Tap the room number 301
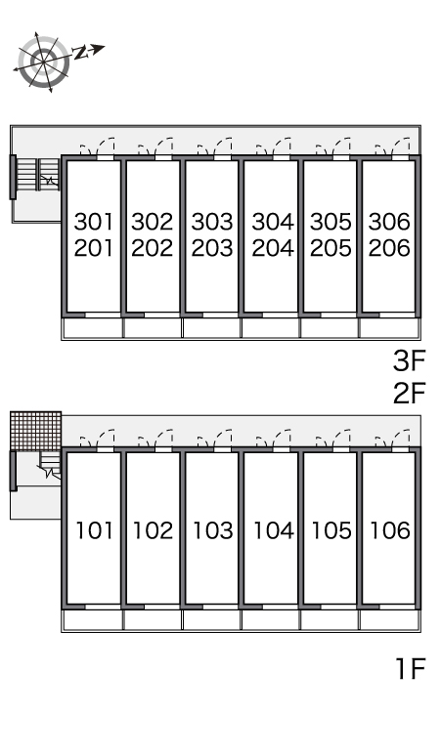click(94, 222)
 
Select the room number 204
click(273, 248)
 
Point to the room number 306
click(389, 222)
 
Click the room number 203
click(212, 248)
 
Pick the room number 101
click(95, 530)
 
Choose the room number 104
click(274, 530)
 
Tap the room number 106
click(390, 530)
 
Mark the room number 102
click(153, 530)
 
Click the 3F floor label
click(409, 361)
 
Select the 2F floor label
click(409, 393)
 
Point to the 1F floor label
click(410, 669)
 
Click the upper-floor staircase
click(37, 174)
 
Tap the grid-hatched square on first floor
click(36, 431)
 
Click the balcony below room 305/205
click(330, 328)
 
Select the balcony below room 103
click(212, 620)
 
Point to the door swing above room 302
click(155, 147)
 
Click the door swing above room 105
click(332, 439)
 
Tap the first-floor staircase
click(50, 465)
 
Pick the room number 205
click(331, 248)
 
